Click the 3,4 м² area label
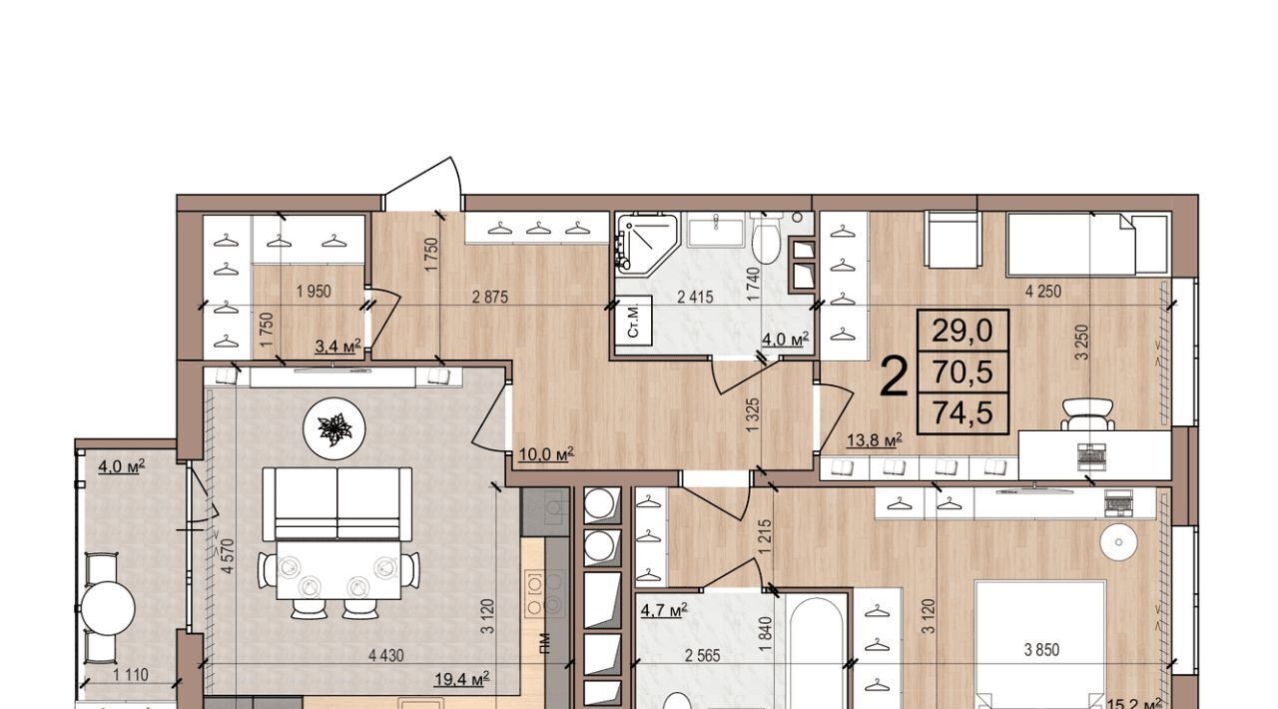click(x=337, y=346)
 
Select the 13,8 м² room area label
click(x=874, y=440)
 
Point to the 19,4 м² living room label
click(x=461, y=679)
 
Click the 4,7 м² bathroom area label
click(x=664, y=611)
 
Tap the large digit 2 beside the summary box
click(x=894, y=375)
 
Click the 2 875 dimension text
click(x=490, y=297)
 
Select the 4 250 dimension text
click(x=1043, y=292)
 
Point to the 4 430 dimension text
click(x=385, y=656)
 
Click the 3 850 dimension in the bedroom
click(x=1041, y=650)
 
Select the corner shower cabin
click(x=647, y=242)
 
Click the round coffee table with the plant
click(x=333, y=427)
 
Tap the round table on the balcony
click(x=108, y=609)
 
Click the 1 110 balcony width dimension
click(x=131, y=675)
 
